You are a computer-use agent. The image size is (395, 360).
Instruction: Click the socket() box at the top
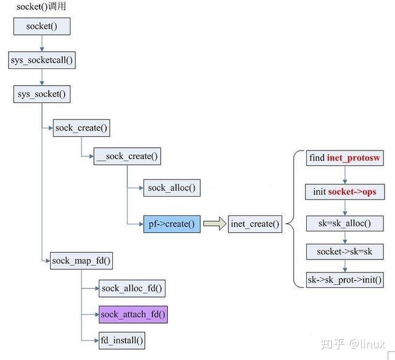pyautogui.click(x=41, y=26)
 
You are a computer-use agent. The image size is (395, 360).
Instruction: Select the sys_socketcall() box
pyautogui.click(x=42, y=60)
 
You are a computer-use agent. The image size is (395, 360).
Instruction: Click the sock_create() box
pyautogui.click(x=81, y=128)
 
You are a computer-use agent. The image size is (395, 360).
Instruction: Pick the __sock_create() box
pyautogui.click(x=128, y=156)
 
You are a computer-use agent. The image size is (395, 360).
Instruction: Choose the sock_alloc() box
pyautogui.click(x=171, y=189)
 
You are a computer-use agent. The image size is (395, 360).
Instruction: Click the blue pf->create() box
pyautogui.click(x=171, y=224)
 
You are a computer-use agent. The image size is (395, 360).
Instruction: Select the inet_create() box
pyautogui.click(x=255, y=224)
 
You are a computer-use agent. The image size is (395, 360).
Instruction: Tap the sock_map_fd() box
pyautogui.click(x=81, y=260)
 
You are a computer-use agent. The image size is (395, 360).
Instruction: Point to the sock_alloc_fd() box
pyautogui.click(x=133, y=288)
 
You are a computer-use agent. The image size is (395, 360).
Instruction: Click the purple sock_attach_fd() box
pyautogui.click(x=133, y=314)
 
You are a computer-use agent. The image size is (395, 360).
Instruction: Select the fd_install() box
pyautogui.click(x=122, y=340)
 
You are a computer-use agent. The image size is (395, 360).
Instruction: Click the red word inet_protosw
pyautogui.click(x=355, y=158)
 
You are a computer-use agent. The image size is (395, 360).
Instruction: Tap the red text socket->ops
pyautogui.click(x=352, y=192)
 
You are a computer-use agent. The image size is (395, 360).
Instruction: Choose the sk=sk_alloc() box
pyautogui.click(x=344, y=223)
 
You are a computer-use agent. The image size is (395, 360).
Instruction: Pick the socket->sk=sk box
pyautogui.click(x=344, y=252)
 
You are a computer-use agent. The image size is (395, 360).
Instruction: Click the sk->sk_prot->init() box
pyautogui.click(x=344, y=280)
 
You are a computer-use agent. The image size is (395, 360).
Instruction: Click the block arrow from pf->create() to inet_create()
pyautogui.click(x=215, y=224)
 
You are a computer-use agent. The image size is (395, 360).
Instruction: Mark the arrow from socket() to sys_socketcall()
pyautogui.click(x=42, y=43)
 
